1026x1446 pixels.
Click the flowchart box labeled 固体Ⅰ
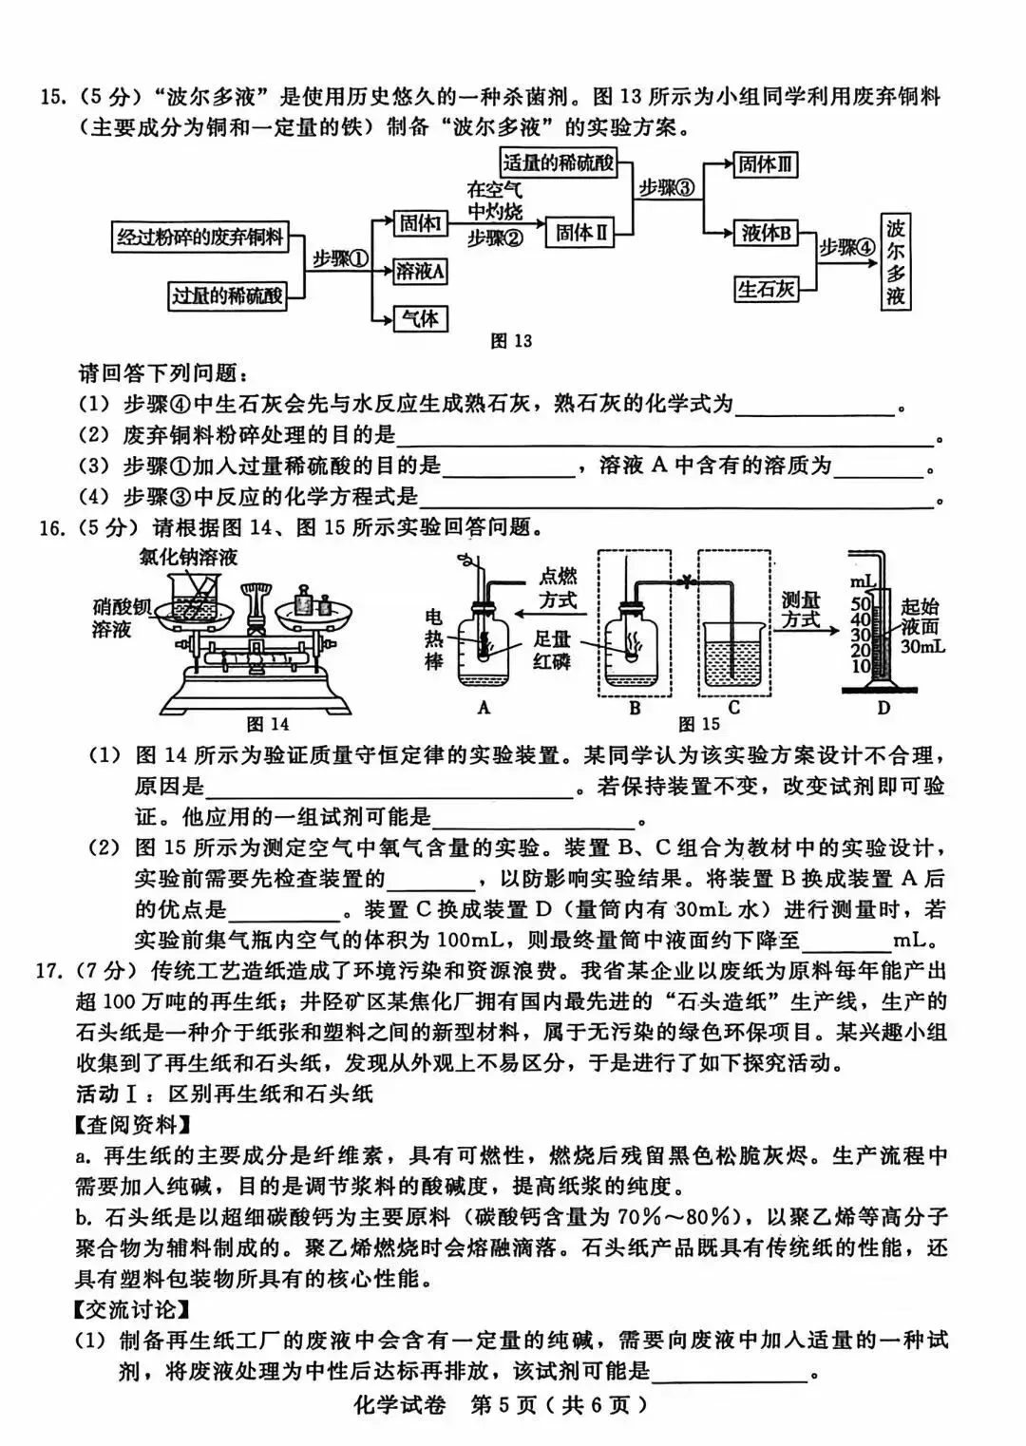point(420,224)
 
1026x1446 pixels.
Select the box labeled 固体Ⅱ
point(581,233)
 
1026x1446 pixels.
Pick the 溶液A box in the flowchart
point(420,272)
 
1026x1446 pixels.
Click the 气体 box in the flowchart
point(420,318)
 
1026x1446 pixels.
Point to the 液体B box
point(767,233)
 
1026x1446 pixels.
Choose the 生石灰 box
point(766,289)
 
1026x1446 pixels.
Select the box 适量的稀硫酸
point(558,162)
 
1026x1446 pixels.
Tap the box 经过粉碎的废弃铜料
point(200,238)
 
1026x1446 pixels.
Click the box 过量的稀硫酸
point(228,295)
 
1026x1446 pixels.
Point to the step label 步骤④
point(845,247)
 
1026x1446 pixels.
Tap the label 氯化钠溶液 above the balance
point(187,558)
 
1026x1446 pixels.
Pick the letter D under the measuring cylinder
point(883,708)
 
